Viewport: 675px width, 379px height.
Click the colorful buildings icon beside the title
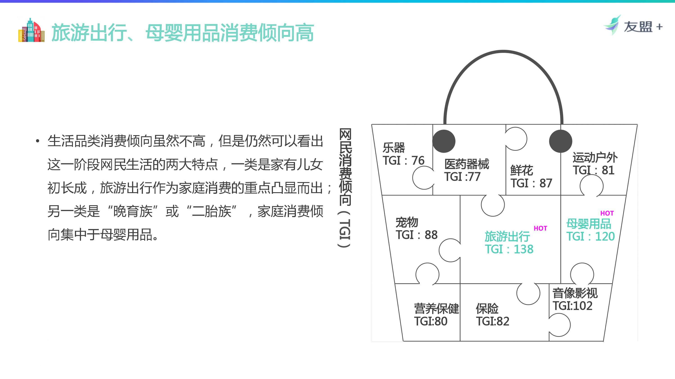pos(31,30)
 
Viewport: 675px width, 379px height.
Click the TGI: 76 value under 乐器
pos(403,160)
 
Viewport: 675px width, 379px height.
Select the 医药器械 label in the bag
pos(467,164)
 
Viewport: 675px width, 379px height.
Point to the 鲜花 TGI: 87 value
pos(531,183)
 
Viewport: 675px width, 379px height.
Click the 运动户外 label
pos(595,157)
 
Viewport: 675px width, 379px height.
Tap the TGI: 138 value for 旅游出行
pos(509,249)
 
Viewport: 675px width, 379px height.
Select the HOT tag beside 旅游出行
pos(540,228)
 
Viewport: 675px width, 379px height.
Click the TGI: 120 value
pos(590,236)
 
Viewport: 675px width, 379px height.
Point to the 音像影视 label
pos(575,293)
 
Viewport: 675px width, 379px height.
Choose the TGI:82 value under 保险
pos(492,321)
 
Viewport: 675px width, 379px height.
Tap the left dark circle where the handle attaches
pos(444,141)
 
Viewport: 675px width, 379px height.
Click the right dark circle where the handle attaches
pos(560,141)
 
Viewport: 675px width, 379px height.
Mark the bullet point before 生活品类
pos(38,141)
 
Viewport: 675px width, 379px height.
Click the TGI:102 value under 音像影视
pos(573,306)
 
